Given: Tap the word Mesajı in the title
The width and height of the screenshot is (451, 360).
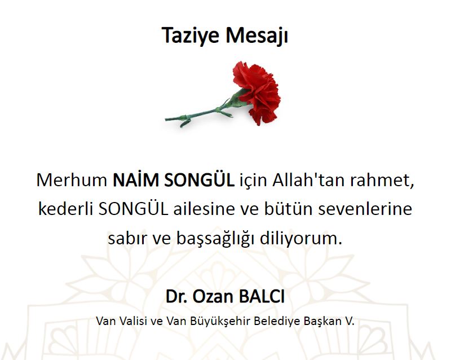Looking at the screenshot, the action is (x=257, y=36).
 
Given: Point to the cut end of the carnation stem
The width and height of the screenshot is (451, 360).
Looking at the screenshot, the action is (x=166, y=119).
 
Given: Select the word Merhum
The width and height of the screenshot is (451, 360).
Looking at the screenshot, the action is (x=72, y=181).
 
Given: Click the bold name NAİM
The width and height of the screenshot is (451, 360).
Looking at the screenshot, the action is (x=136, y=179).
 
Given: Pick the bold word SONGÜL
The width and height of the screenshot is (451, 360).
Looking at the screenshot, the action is (x=200, y=179).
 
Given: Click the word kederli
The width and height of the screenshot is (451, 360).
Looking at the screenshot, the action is (x=65, y=209).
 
